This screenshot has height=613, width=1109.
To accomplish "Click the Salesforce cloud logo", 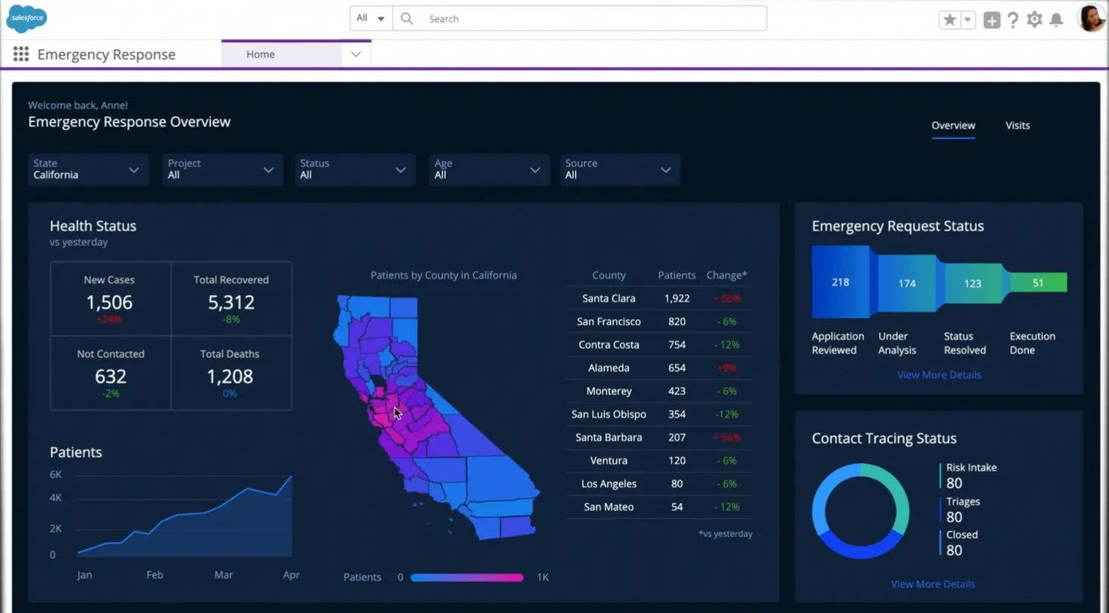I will (x=27, y=18).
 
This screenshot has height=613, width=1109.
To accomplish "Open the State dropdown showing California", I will (x=86, y=170).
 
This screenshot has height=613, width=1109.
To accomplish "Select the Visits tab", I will (x=1017, y=126).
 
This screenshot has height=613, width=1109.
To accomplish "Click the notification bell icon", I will (x=1056, y=20).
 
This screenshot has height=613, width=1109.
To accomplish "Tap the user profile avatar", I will (x=1091, y=19).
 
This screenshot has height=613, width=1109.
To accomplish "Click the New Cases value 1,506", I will (x=109, y=303).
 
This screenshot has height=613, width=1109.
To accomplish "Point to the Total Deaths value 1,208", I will (x=230, y=377).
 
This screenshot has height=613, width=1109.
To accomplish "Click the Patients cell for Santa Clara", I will (x=676, y=298).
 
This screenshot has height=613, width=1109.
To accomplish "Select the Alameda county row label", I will (x=609, y=368).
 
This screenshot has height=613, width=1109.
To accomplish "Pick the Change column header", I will (x=726, y=275).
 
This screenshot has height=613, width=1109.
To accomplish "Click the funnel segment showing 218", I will (x=840, y=282).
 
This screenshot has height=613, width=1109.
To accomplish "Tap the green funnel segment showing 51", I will (x=1038, y=283).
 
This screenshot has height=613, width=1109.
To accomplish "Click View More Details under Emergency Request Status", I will (x=939, y=375).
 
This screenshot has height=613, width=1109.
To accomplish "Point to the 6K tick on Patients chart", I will (x=56, y=475).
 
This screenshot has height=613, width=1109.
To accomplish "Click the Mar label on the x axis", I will (x=223, y=575).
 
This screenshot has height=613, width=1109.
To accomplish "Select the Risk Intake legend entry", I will (x=971, y=468).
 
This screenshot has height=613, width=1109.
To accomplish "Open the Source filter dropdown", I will (x=618, y=170).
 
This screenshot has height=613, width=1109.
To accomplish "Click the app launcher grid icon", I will (x=21, y=54).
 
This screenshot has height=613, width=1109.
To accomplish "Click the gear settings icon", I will (x=1034, y=20).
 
